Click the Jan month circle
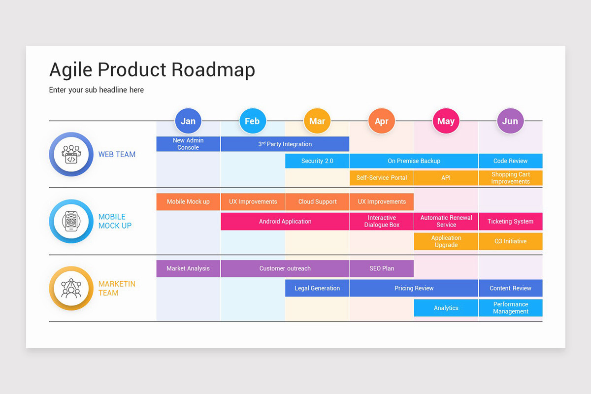188,121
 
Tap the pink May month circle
446,121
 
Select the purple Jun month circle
510,121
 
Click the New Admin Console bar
188,144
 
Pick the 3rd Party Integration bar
285,144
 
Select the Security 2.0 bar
317,161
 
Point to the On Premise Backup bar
414,161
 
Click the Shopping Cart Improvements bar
510,178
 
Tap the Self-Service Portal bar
382,178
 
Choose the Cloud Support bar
317,201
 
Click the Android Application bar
285,222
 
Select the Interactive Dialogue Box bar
382,222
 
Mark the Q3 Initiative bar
510,241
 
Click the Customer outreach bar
285,268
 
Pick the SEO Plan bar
382,268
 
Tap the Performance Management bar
510,308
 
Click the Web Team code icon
71,154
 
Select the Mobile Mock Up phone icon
71,222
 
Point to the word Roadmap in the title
213,69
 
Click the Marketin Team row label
116,288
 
